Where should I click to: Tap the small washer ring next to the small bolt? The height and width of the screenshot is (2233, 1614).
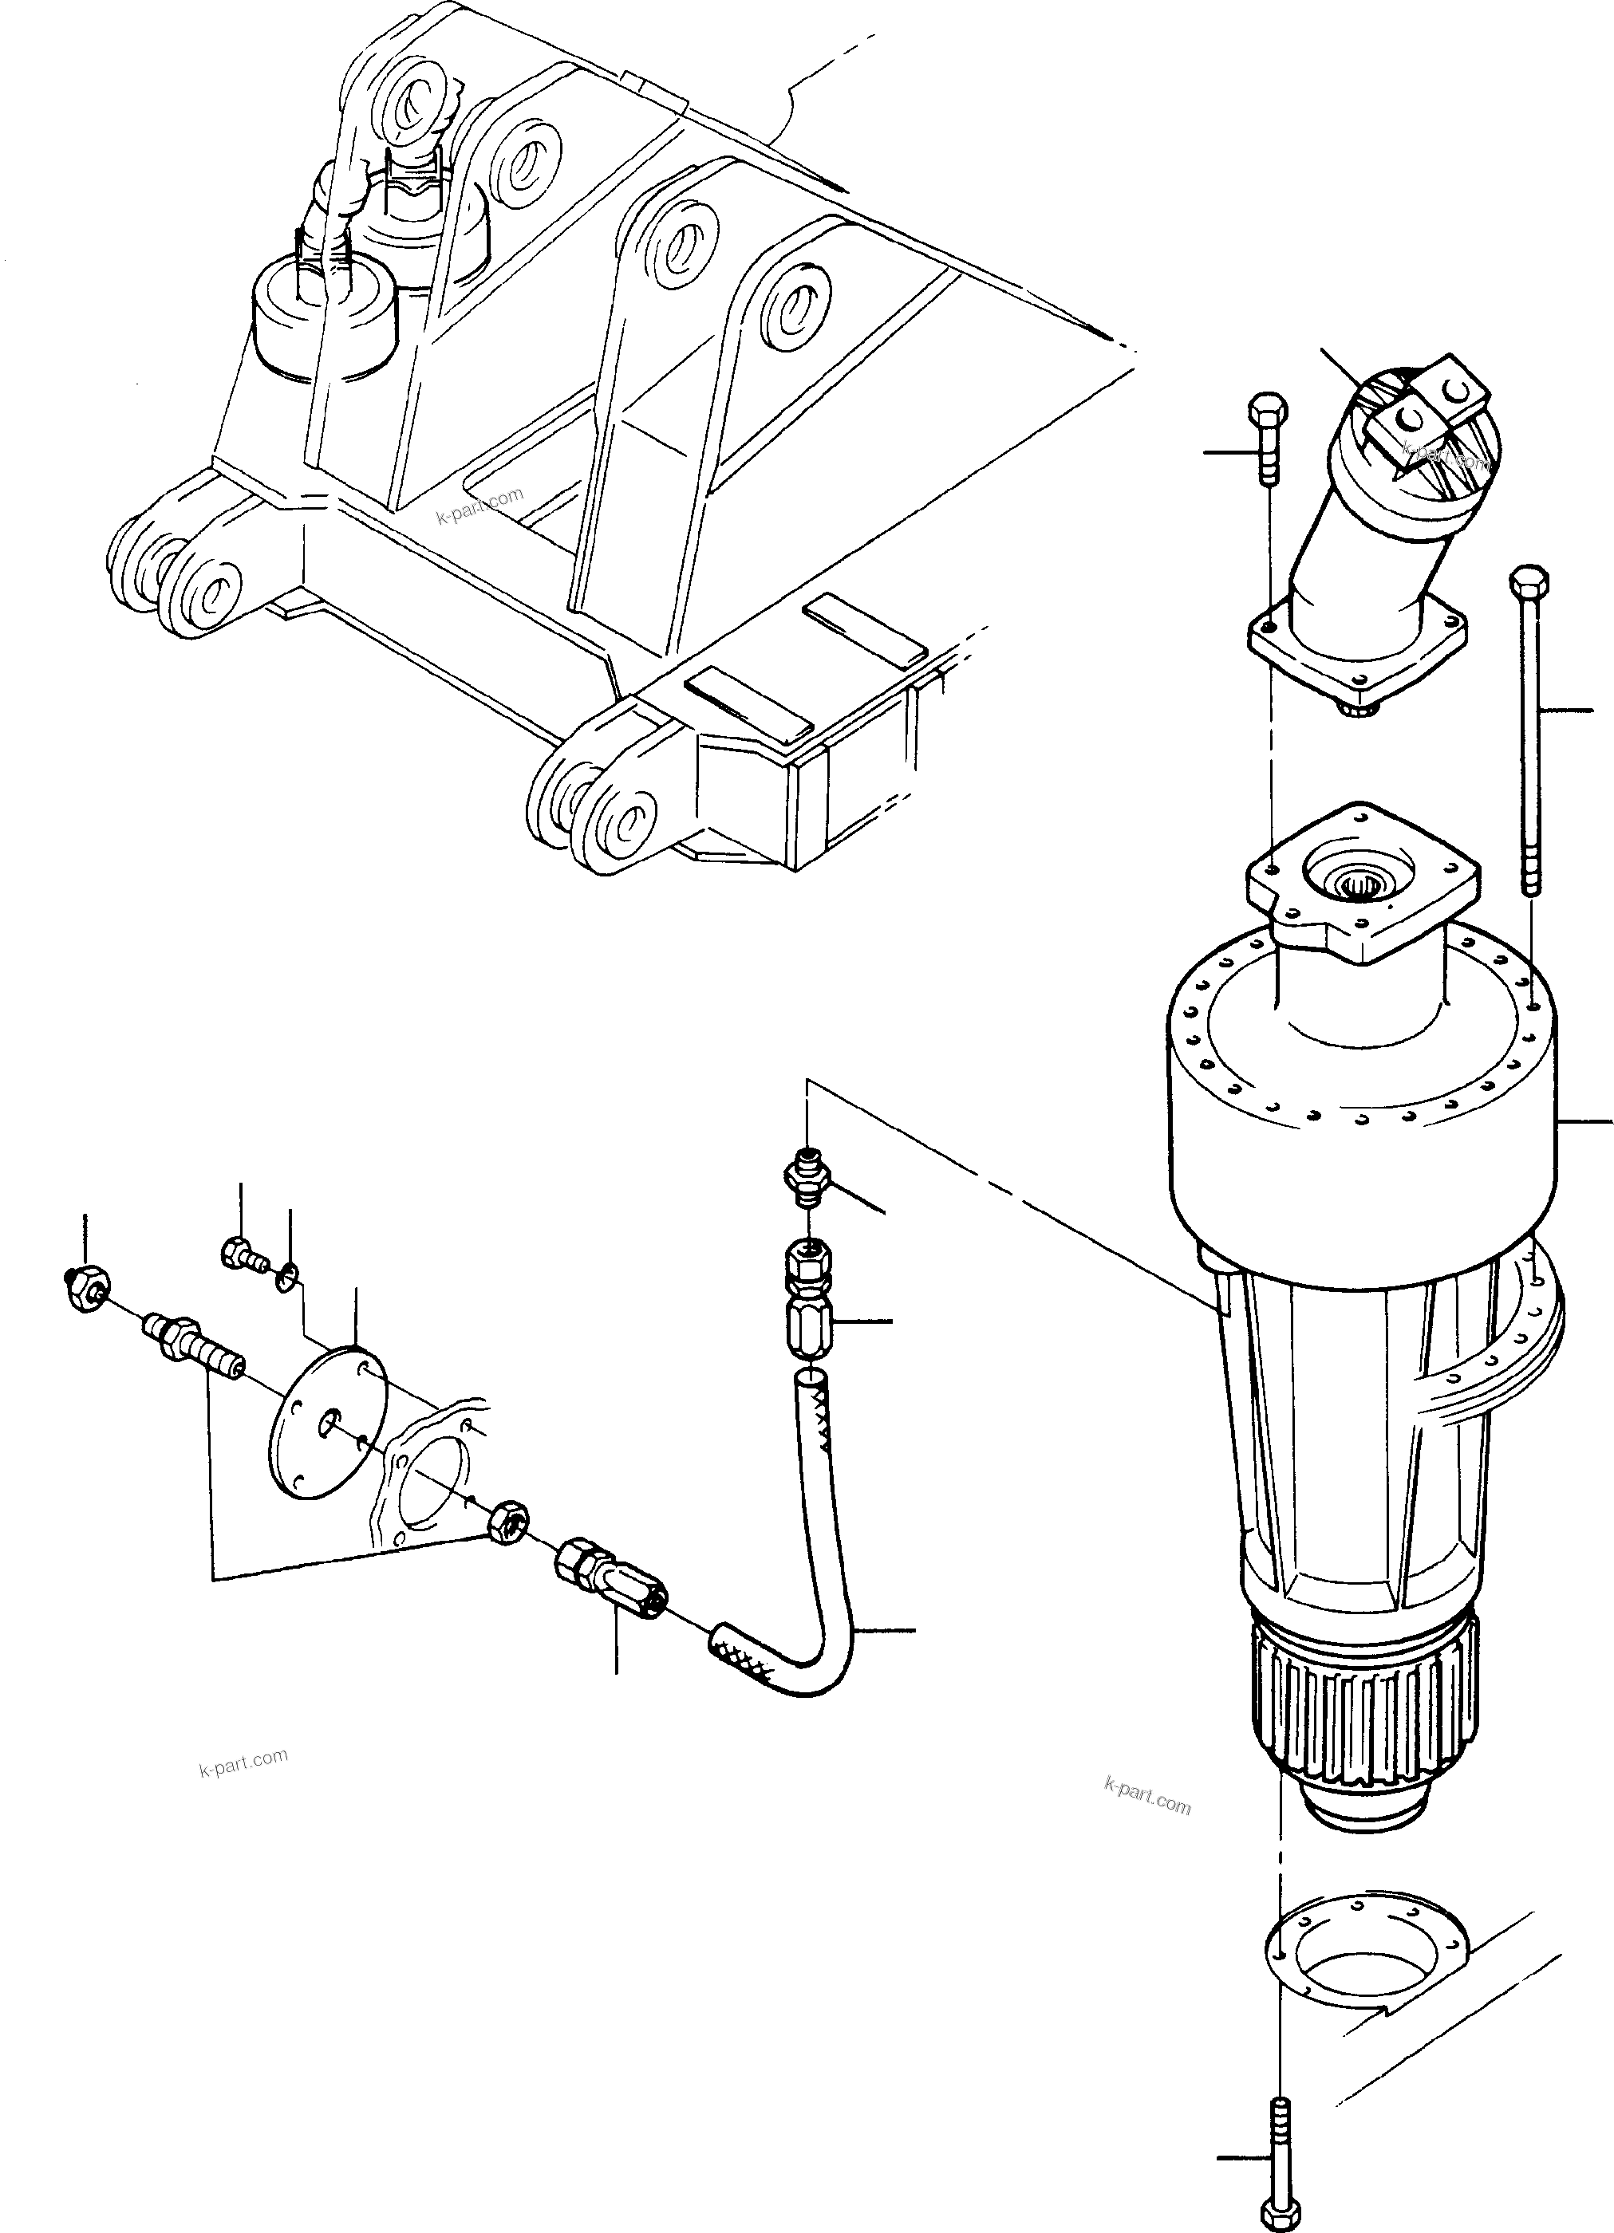pyautogui.click(x=286, y=1277)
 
